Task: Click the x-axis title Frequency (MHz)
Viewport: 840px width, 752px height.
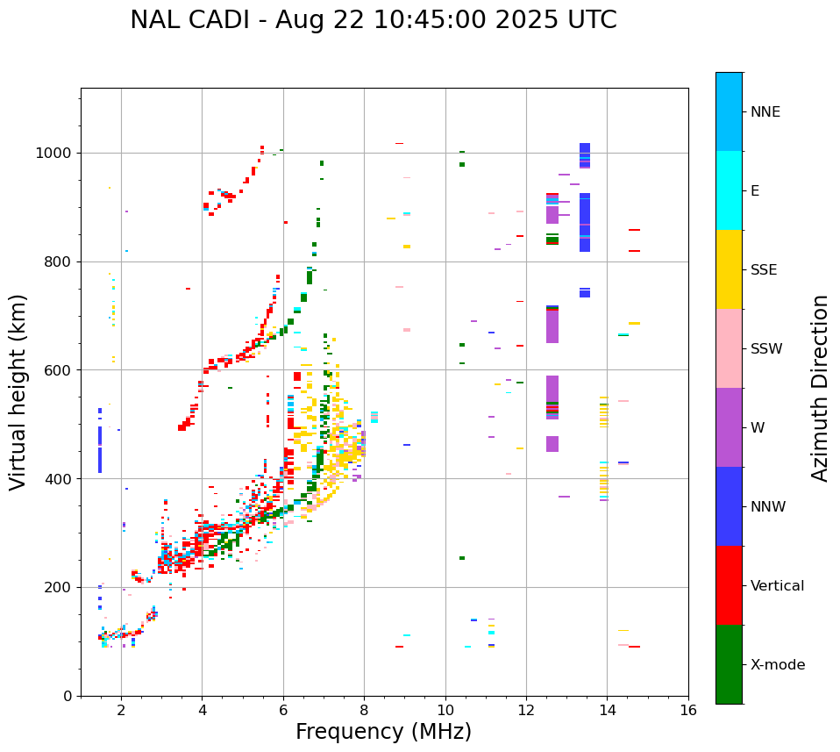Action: [x=383, y=732]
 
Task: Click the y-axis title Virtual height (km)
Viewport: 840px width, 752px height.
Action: [x=18, y=391]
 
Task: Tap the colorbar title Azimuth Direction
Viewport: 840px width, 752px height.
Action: [x=820, y=387]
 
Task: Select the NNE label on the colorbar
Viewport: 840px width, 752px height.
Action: [x=765, y=112]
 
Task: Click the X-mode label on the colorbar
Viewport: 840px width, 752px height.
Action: [x=778, y=665]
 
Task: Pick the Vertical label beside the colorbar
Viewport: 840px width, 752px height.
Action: [x=778, y=586]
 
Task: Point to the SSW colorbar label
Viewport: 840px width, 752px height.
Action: [x=766, y=349]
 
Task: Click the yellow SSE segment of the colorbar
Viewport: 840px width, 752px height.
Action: [x=729, y=269]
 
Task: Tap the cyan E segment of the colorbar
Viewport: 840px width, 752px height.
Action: [x=729, y=190]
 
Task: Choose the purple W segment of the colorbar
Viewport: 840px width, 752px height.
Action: [x=729, y=427]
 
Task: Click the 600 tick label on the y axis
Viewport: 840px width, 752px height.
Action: [x=61, y=370]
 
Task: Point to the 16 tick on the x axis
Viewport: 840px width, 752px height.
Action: [x=687, y=710]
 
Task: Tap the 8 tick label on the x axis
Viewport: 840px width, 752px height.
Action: [x=364, y=710]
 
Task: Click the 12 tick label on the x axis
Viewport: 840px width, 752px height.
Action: [x=526, y=710]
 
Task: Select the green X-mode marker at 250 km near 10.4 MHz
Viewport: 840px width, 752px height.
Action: [x=462, y=558]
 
